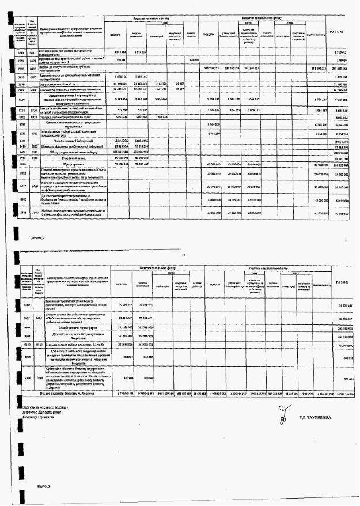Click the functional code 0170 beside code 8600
click(x=32, y=152)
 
